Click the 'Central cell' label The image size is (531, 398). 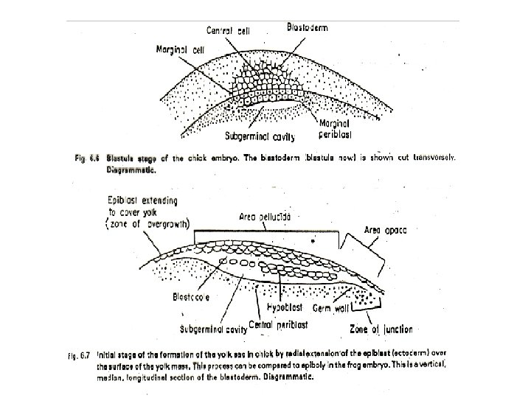(x=230, y=32)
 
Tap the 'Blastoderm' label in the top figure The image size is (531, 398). (x=307, y=27)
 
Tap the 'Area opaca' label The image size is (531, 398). (x=386, y=230)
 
